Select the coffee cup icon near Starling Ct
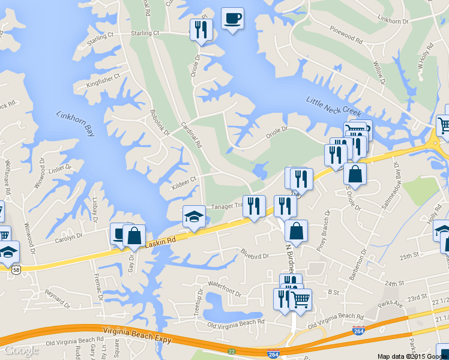click(232, 18)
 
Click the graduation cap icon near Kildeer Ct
click(194, 217)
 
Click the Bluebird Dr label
click(255, 255)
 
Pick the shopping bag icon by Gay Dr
click(134, 235)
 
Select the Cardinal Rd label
click(191, 135)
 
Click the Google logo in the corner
click(21, 350)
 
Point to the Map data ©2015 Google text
click(412, 356)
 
